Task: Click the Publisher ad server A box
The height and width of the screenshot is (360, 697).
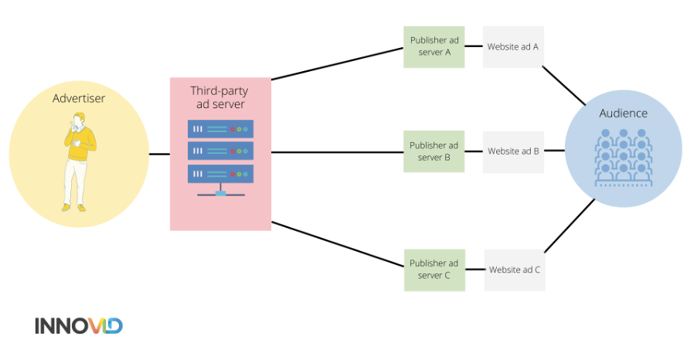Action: click(433, 46)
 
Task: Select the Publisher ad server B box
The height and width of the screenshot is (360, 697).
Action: click(433, 151)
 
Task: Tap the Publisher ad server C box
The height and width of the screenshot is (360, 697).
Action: click(434, 270)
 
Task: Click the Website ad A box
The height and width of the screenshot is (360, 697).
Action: click(513, 46)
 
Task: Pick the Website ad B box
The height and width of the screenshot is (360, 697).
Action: click(513, 152)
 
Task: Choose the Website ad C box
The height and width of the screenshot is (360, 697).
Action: click(515, 270)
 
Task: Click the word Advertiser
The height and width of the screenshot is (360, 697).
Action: click(79, 98)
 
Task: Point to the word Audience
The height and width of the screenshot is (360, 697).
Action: click(624, 114)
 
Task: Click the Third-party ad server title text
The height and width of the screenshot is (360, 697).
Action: click(219, 97)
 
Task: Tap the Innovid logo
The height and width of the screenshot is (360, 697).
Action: click(79, 326)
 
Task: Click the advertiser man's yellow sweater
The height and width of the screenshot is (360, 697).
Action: click(80, 143)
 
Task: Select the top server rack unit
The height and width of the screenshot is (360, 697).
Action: click(220, 129)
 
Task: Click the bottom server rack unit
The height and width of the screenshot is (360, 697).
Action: click(220, 174)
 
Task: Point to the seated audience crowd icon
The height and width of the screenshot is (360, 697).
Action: click(624, 158)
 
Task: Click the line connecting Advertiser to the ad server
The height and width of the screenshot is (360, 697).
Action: click(159, 155)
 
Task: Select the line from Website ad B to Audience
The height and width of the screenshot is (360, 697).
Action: click(554, 151)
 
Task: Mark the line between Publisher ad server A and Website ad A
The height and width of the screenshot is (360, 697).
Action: click(474, 46)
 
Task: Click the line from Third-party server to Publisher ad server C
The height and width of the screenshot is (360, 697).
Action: click(338, 244)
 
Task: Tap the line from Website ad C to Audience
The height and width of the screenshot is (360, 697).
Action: click(569, 226)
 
